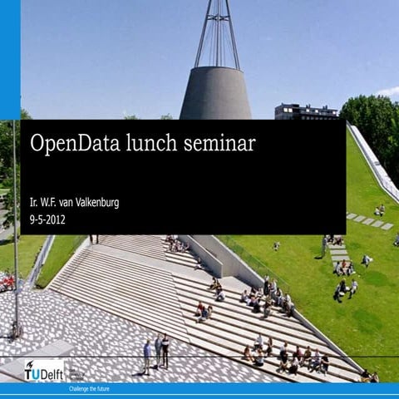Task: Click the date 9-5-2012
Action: pos(47,220)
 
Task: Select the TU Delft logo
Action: pos(44,371)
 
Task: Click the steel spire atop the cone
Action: pos(217,33)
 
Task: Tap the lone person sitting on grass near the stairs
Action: pos(276,246)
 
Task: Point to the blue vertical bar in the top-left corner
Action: pos(9,58)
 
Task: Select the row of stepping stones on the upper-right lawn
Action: pos(370,221)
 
